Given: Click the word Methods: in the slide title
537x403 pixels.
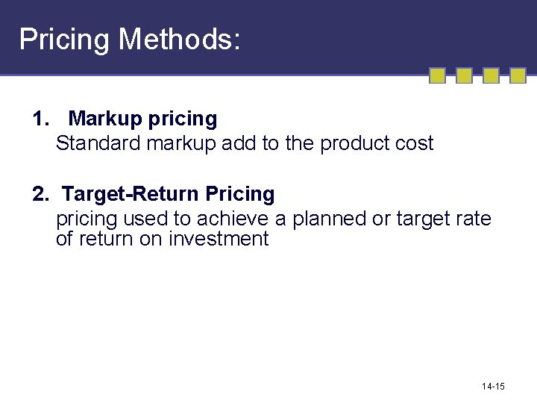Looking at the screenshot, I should [180, 39].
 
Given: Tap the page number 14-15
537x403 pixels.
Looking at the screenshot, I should [493, 386].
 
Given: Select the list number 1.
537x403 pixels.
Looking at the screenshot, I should [42, 119].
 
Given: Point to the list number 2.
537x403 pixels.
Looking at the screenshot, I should [42, 194].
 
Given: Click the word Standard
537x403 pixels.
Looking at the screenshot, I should [98, 143].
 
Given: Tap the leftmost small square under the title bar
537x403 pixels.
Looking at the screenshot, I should [438, 75].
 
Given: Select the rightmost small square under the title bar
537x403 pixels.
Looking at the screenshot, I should [518, 75].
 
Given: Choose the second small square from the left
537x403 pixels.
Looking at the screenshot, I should [464, 75].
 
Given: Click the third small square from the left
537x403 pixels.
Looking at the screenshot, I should [491, 75].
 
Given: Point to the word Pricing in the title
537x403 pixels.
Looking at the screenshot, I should [64, 39].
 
